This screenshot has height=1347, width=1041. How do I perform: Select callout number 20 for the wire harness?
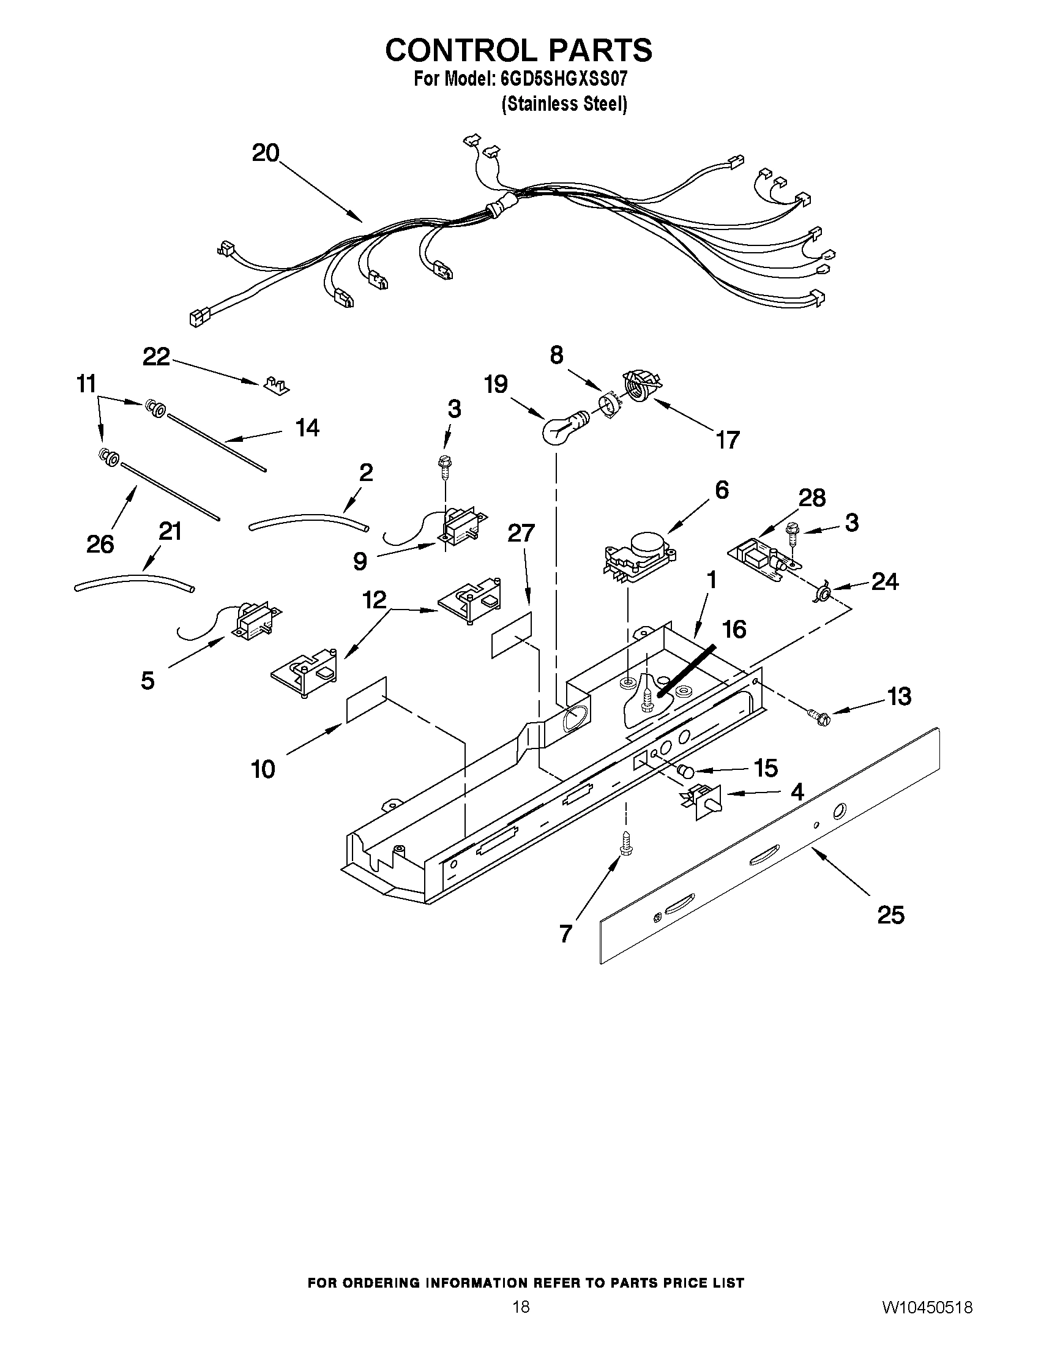(x=266, y=153)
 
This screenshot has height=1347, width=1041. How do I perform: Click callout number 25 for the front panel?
(x=890, y=915)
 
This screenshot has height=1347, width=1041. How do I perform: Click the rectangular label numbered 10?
(x=367, y=699)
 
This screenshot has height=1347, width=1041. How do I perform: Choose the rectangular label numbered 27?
(x=511, y=636)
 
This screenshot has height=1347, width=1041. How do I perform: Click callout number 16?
(x=734, y=630)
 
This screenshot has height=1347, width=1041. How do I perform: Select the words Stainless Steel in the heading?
(x=564, y=104)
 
